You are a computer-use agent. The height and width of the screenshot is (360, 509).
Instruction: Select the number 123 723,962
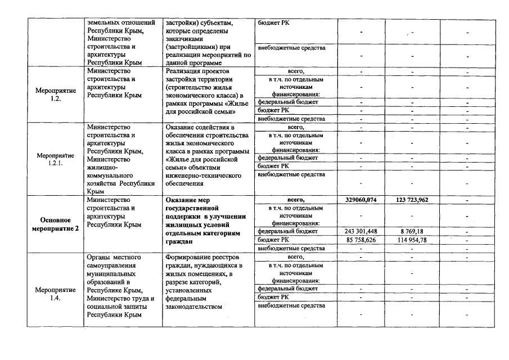click(412, 200)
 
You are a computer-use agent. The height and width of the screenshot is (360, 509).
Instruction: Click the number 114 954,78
click(412, 240)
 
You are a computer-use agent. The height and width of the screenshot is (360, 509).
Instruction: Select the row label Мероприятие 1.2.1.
click(56, 159)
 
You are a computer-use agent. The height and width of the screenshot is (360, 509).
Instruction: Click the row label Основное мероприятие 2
click(56, 224)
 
